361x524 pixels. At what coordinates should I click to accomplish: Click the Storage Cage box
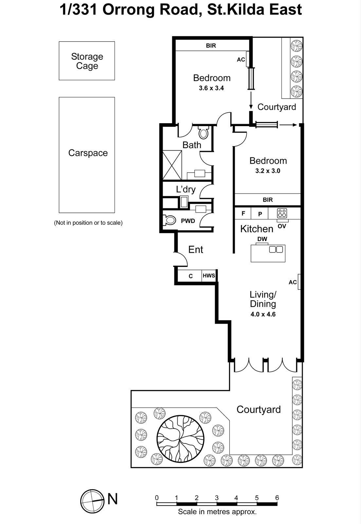87,61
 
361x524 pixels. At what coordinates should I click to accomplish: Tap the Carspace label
88,153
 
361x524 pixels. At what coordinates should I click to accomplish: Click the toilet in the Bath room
203,133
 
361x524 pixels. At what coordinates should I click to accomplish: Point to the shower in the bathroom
172,165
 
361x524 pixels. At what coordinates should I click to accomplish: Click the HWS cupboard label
209,275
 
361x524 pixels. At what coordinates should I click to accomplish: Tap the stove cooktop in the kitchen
282,213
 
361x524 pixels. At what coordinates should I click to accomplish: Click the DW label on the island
262,239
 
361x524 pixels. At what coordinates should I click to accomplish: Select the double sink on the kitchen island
276,250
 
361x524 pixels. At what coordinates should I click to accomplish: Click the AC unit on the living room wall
299,282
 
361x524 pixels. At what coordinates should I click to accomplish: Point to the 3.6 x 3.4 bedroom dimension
211,88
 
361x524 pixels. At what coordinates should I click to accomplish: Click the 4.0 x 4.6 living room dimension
263,314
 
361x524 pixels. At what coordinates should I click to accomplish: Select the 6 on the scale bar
277,498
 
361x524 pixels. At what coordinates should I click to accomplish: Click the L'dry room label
186,189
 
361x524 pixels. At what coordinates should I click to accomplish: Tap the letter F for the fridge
243,214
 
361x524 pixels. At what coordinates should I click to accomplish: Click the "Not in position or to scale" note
88,223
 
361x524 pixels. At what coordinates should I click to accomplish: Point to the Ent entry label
196,250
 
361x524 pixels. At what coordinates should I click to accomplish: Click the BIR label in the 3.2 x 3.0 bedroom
267,199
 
